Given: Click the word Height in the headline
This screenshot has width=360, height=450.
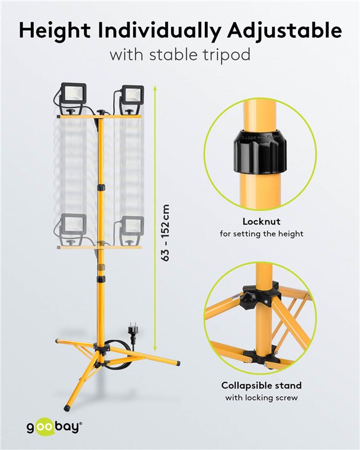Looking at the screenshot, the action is pos(55,31).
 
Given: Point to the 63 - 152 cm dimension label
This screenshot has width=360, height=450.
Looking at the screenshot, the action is pos(166,233).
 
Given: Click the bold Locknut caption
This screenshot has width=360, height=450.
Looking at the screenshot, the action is pos(261,221).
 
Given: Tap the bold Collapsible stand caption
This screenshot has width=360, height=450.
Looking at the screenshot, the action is pos(261,385).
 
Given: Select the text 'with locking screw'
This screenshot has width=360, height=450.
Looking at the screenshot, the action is pos(261,398).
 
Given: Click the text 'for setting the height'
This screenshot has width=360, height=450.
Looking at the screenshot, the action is pos(261,234).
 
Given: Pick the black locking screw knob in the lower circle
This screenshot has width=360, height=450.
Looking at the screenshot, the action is pos(248,300).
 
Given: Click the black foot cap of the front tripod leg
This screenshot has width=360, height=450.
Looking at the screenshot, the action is pos(67,407).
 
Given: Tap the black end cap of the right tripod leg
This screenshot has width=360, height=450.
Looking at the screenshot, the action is pos(178,364).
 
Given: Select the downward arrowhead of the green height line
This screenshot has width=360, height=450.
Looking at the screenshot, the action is pos(155,348).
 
